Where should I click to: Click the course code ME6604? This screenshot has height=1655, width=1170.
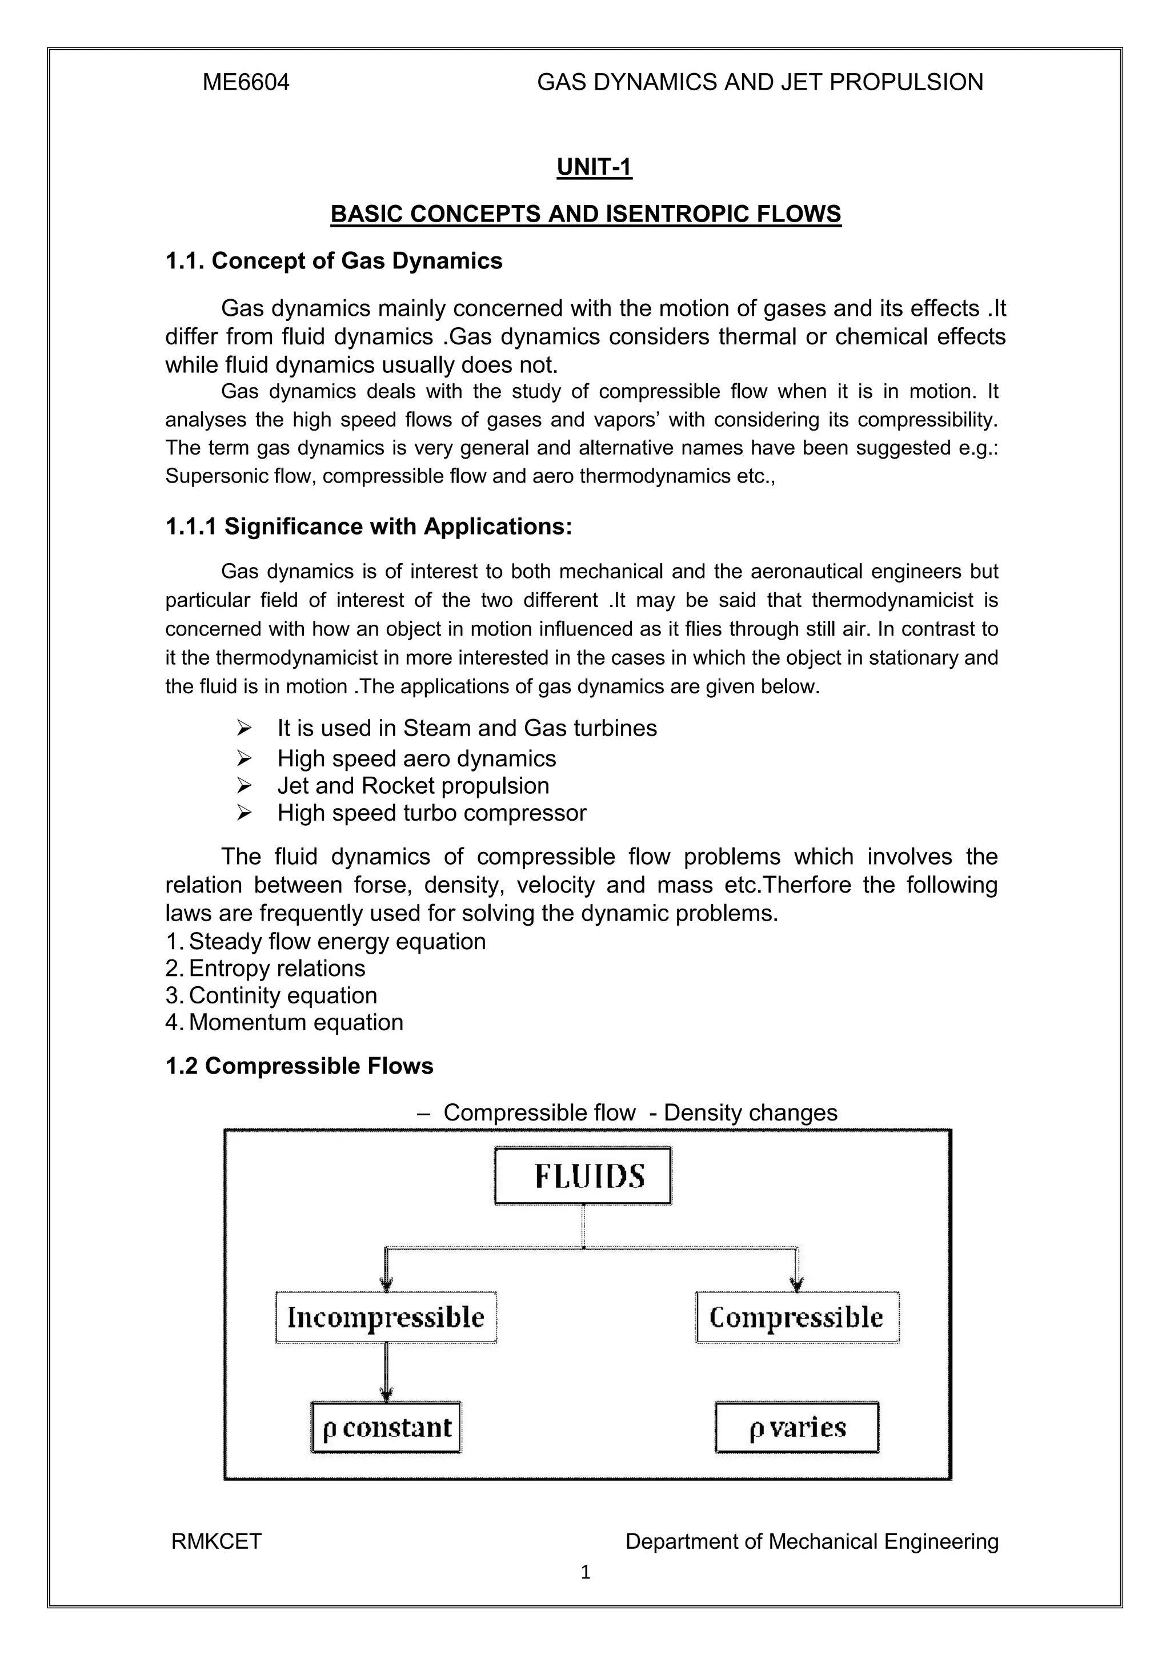pyautogui.click(x=246, y=82)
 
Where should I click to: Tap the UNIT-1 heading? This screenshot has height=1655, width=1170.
pyautogui.click(x=594, y=167)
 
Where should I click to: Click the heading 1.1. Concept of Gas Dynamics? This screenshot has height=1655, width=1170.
pyautogui.click(x=334, y=260)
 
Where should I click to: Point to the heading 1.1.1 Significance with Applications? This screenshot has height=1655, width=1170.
pyautogui.click(x=368, y=526)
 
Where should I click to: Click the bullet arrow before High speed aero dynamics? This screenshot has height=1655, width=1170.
pyautogui.click(x=244, y=758)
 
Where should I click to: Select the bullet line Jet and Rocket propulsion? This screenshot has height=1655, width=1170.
pyautogui.click(x=412, y=785)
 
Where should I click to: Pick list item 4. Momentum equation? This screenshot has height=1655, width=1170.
pyautogui.click(x=285, y=1022)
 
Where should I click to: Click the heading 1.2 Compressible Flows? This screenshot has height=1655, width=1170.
pyautogui.click(x=299, y=1066)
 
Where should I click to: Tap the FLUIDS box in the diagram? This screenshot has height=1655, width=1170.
pyautogui.click(x=583, y=1176)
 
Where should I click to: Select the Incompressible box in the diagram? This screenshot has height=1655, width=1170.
pyautogui.click(x=386, y=1317)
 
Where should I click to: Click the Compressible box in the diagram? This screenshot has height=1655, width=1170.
pyautogui.click(x=796, y=1317)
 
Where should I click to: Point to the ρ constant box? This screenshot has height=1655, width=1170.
pyautogui.click(x=386, y=1427)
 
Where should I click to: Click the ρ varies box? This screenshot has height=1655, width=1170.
pyautogui.click(x=796, y=1427)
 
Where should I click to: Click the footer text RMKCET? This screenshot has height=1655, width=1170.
pyautogui.click(x=217, y=1542)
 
